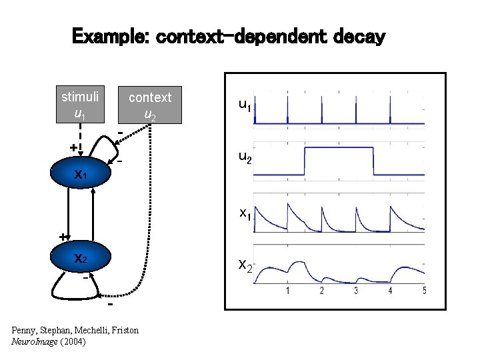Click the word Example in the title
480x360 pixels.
(109, 36)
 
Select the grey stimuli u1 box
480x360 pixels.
(80, 105)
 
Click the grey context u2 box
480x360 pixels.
(150, 105)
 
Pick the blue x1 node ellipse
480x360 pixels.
(80, 175)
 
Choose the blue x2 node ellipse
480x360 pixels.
(80, 259)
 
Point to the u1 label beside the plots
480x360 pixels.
(245, 105)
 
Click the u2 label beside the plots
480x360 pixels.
(245, 157)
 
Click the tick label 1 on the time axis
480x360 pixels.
(287, 291)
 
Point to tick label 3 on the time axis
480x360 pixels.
(356, 291)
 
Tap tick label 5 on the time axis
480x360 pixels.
(424, 291)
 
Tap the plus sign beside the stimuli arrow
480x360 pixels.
(73, 146)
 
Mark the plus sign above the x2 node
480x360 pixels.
(63, 235)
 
